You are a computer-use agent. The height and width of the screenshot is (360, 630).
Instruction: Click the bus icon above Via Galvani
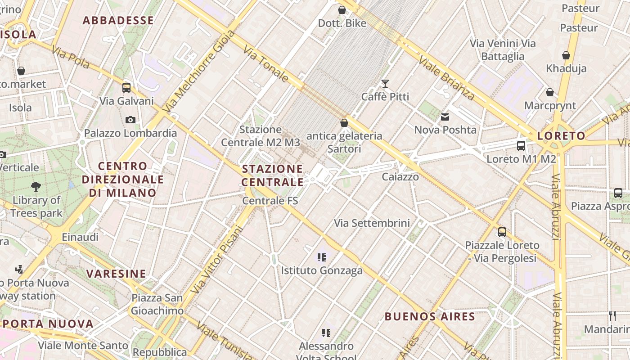[x=126, y=87]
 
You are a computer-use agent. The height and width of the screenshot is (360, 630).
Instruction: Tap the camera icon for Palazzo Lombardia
[x=130, y=120]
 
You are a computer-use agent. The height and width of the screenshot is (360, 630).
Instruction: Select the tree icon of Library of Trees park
[x=36, y=186]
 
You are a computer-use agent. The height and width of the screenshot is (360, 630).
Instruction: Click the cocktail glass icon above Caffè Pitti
[x=385, y=83]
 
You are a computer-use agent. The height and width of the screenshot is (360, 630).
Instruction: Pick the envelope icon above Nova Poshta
[x=445, y=117]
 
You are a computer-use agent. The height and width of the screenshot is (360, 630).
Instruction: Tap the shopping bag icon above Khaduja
[x=566, y=55]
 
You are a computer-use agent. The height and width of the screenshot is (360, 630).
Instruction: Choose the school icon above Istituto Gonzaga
[x=321, y=257]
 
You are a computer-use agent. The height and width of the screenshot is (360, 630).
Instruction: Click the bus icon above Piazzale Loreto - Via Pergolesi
[x=502, y=232]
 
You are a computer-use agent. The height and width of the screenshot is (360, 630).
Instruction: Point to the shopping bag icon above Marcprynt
[x=549, y=92]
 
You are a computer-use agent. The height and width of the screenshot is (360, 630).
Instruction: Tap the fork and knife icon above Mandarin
[x=612, y=315]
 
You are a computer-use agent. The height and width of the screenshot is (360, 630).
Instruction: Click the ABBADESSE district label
[x=118, y=20]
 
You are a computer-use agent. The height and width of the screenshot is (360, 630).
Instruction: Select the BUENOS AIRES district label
[x=430, y=316]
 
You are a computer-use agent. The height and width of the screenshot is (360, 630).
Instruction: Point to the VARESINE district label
[x=116, y=274]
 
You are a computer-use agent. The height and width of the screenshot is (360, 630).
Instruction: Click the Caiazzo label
[x=400, y=177]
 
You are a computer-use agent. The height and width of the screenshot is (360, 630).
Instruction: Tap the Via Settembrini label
[x=372, y=223]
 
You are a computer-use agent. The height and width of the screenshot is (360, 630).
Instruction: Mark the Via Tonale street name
[x=266, y=63]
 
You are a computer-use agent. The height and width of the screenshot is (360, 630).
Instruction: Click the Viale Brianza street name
[x=446, y=77]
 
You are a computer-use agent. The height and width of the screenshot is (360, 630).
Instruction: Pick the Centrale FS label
[x=270, y=201]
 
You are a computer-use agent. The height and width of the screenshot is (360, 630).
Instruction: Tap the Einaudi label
[x=80, y=237]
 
